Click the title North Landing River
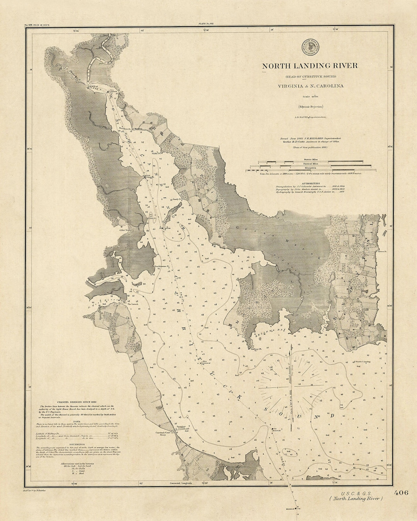coord(310,66)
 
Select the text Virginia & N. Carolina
coord(310,86)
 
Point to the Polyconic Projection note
coord(310,107)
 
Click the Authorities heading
coord(311,183)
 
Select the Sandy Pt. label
coord(177,200)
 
